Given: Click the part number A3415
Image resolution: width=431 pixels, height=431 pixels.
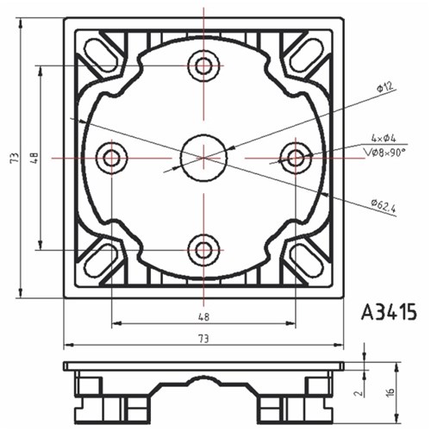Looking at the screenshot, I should (389, 310).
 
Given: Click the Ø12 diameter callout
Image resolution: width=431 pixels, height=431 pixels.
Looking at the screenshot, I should (384, 86).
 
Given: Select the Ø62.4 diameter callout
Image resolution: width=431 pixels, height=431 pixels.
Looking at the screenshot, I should (384, 206).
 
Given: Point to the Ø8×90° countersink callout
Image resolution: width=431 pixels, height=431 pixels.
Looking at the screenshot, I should (384, 152).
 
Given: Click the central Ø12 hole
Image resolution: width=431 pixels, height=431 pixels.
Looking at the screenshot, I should (203, 157).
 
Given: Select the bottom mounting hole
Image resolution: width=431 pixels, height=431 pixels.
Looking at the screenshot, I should (203, 250).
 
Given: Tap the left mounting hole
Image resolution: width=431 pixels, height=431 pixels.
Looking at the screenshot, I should (111, 158).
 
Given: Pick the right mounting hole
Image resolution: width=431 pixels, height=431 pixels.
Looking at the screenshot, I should (296, 158).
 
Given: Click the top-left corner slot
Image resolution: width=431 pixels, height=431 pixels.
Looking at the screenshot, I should (103, 56).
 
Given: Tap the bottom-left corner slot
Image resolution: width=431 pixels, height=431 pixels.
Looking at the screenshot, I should (103, 260).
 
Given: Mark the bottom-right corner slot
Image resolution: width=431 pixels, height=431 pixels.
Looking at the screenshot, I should (304, 260).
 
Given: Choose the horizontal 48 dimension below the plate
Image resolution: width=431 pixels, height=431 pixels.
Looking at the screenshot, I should (204, 316).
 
